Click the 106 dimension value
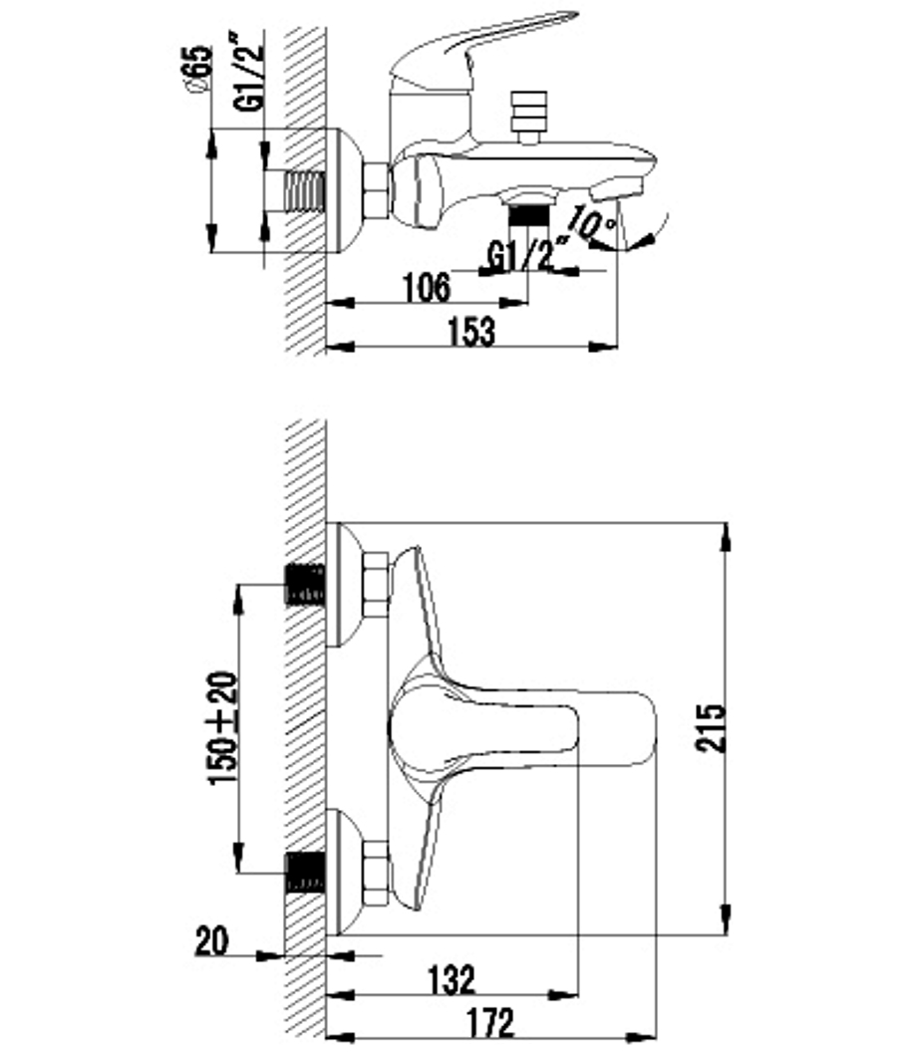click(427, 288)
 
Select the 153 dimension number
click(470, 332)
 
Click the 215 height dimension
click(711, 727)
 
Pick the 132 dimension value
click(452, 979)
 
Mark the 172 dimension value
click(490, 1023)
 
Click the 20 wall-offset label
click(211, 941)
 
